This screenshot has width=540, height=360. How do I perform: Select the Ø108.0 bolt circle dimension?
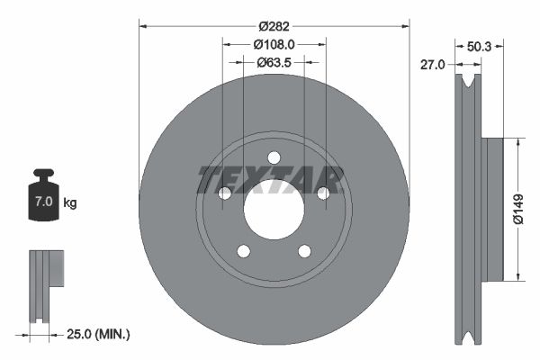[x=274, y=43]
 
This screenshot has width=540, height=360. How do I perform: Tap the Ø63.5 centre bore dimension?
[x=274, y=62]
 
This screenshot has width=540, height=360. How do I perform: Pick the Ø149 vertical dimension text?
[x=519, y=208]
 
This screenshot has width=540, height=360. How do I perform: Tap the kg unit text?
[x=70, y=202]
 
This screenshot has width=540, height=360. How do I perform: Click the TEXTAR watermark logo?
[x=270, y=179]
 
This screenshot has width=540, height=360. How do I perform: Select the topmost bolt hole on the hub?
[x=274, y=157]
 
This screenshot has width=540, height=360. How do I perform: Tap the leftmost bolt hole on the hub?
[x=225, y=193]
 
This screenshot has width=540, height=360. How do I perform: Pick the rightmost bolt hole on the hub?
[x=322, y=192]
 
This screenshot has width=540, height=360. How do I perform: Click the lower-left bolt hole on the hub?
[x=243, y=251]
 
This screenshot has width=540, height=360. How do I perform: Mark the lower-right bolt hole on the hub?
[x=304, y=251]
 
